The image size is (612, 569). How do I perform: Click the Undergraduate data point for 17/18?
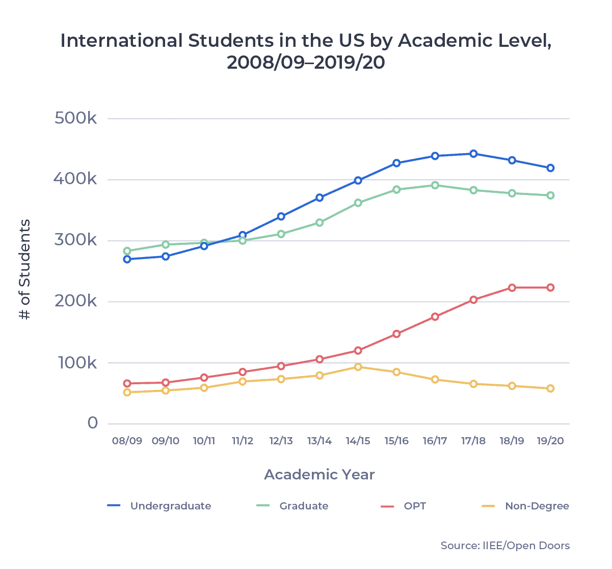[x=473, y=154]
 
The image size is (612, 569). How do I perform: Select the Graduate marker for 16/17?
[x=435, y=185]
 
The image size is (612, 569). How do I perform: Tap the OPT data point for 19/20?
[x=550, y=288]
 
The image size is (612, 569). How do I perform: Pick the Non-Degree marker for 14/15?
[x=358, y=367]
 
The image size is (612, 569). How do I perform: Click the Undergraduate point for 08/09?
[x=127, y=259]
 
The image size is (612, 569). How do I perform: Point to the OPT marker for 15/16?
[x=396, y=334]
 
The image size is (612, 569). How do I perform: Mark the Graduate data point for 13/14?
[x=320, y=222]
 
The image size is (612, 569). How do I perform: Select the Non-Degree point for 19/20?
[x=550, y=388]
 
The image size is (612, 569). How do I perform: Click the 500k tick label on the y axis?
[x=75, y=119]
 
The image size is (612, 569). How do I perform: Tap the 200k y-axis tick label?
[x=75, y=301]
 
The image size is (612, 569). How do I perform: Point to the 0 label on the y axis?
[x=92, y=423]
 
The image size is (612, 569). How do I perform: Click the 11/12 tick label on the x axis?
[x=243, y=441]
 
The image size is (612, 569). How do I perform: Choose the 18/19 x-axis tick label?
[x=512, y=441]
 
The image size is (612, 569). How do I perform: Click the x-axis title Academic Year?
[x=320, y=475]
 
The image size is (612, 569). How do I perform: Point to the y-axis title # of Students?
[x=25, y=269]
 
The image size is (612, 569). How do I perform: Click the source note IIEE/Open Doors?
[x=505, y=546]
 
